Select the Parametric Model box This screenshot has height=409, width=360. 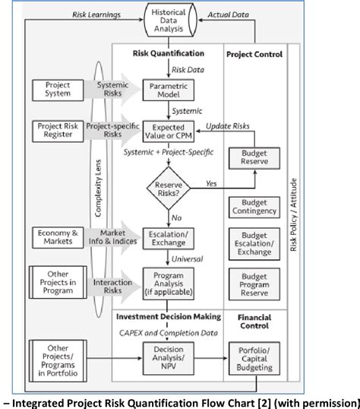coord(169,90)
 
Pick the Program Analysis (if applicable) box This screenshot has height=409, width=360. coord(169,283)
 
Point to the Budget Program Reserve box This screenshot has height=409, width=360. coord(257,283)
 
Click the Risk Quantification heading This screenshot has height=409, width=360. coord(169,54)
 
